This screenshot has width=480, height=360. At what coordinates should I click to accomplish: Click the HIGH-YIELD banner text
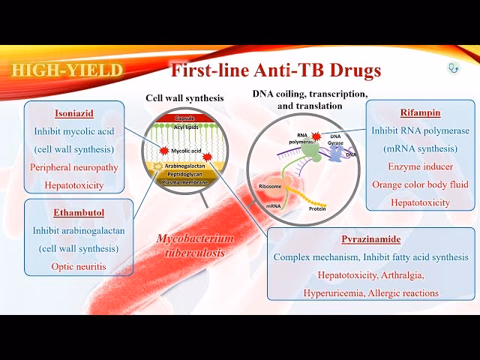67,70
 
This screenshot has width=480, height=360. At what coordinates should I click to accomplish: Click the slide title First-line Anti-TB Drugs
277,71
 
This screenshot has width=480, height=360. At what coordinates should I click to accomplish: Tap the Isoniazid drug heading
73,114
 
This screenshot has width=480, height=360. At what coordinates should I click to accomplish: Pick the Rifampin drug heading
410,114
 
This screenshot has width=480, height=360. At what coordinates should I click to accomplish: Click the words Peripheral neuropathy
73,166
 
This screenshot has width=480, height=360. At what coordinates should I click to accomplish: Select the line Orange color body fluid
410,184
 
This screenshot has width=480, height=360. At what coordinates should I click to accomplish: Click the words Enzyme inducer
410,166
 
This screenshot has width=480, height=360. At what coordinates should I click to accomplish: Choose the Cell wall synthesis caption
184,97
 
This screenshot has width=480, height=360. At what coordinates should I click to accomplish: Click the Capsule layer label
184,119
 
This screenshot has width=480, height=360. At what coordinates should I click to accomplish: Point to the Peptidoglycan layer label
184,172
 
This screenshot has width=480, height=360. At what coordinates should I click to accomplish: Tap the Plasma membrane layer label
184,180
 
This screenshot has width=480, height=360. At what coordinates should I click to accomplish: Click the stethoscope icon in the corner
453,67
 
